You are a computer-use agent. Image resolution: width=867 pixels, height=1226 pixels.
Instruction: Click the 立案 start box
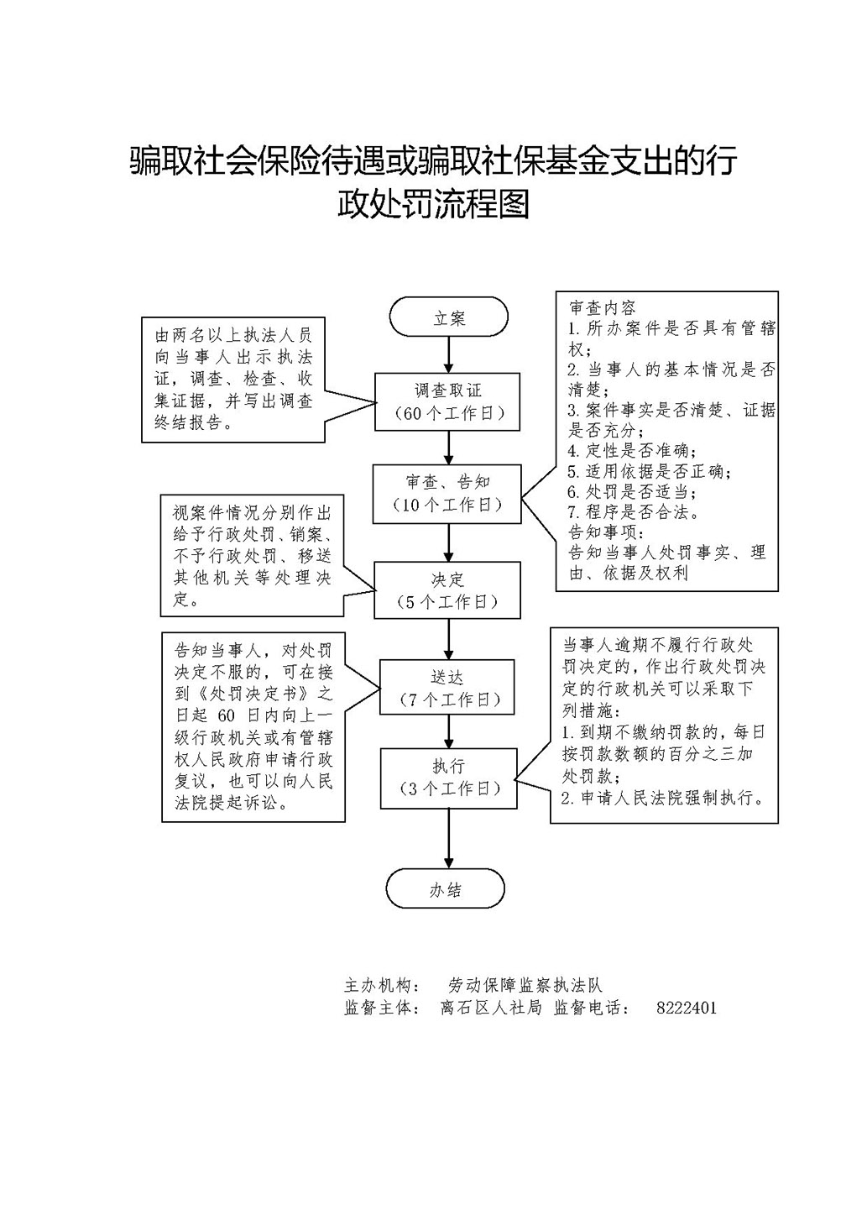[448, 317]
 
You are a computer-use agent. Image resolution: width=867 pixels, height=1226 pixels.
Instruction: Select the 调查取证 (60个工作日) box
[447, 401]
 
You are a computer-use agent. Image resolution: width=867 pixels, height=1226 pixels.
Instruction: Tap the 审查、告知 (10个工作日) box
[447, 494]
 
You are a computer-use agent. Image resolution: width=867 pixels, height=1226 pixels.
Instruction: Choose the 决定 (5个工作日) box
[447, 590]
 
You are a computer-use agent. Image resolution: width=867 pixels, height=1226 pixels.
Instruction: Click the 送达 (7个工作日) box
[447, 687]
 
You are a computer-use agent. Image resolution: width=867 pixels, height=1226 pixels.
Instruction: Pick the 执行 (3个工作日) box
[448, 778]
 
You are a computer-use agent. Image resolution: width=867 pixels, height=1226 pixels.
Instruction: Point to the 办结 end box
[446, 889]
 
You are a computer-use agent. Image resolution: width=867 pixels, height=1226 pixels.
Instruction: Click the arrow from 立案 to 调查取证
[448, 354]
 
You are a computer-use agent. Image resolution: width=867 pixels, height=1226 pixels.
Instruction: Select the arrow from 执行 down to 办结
[448, 839]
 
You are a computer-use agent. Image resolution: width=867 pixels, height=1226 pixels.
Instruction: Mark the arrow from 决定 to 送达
[448, 639]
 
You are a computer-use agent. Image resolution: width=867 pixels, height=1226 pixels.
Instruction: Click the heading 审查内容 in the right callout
[603, 307]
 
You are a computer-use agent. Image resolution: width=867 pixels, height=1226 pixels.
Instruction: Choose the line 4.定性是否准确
[632, 450]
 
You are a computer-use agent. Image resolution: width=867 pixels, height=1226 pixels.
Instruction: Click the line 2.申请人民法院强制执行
[662, 798]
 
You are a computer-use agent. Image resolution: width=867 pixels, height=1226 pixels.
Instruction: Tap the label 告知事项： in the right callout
[607, 532]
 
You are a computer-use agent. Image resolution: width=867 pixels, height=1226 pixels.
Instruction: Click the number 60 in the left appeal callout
[226, 716]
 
